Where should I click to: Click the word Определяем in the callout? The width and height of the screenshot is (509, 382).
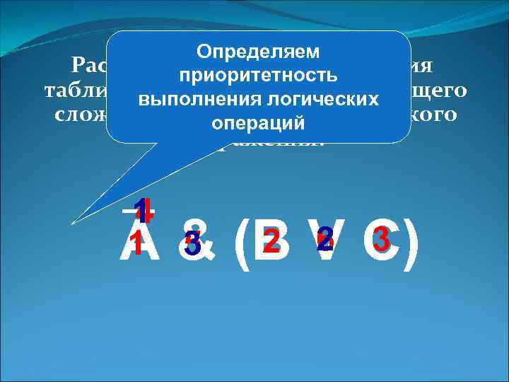point(258,52)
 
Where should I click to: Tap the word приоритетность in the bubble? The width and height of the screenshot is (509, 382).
point(258,74)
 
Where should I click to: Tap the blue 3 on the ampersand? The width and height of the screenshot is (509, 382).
point(191,245)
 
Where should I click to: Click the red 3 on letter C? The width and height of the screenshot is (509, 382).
point(381,240)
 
